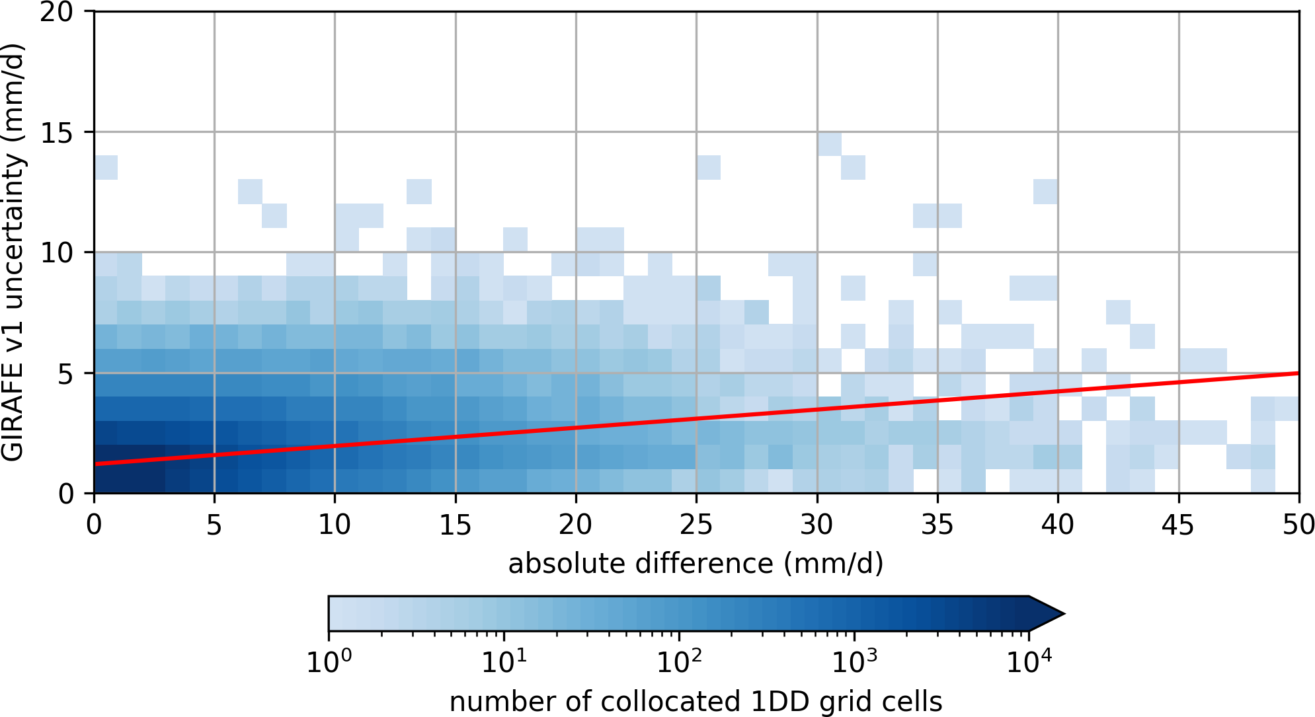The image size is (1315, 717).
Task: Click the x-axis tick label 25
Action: [x=696, y=525]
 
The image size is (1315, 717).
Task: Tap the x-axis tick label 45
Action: [x=1178, y=525]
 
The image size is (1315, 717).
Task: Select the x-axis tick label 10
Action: [x=335, y=525]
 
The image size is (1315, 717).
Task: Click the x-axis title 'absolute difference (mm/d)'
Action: [x=696, y=564]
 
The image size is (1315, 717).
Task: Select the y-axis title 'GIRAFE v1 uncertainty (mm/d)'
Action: [x=13, y=252]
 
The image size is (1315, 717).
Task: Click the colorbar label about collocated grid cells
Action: [x=696, y=701]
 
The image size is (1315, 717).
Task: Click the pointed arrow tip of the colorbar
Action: [x=1062, y=613]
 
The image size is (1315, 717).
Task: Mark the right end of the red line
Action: [x=1298, y=373]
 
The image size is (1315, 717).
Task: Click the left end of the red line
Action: [x=95, y=464]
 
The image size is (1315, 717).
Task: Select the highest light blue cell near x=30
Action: [x=829, y=143]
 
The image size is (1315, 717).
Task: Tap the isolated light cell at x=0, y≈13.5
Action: [x=106, y=167]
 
